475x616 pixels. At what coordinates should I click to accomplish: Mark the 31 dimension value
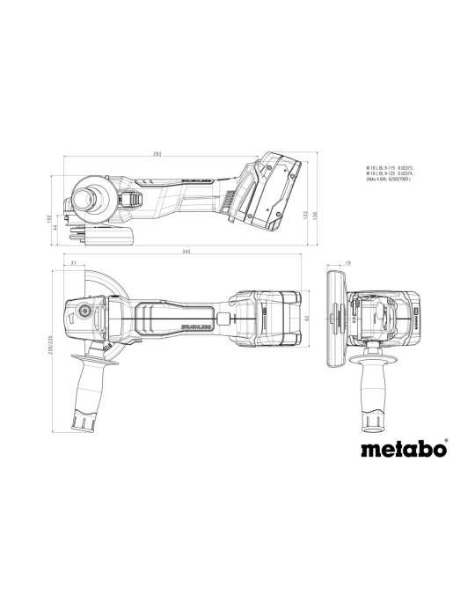click(x=73, y=262)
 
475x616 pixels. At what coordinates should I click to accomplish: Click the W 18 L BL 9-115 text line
click(x=391, y=166)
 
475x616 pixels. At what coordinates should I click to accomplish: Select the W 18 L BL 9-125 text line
click(x=391, y=172)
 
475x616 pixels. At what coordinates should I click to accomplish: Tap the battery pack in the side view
click(x=270, y=192)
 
